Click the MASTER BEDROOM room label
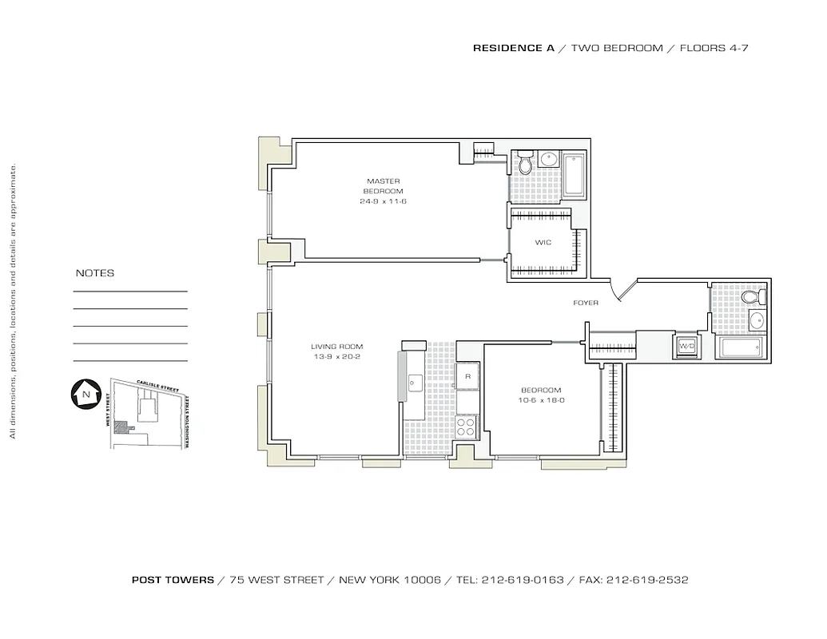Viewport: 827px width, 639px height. (383, 186)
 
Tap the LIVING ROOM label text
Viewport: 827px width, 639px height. (336, 347)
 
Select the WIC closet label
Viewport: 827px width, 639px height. (543, 241)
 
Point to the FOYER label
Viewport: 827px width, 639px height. (585, 303)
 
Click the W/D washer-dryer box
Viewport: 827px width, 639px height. (686, 347)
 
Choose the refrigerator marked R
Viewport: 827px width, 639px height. (467, 375)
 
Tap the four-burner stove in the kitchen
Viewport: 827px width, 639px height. (466, 427)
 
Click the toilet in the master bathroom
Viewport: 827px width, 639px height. (525, 165)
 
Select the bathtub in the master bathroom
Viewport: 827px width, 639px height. (574, 177)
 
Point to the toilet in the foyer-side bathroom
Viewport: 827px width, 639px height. (751, 297)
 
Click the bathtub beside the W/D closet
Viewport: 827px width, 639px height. (741, 347)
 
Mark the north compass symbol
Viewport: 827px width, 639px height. (85, 394)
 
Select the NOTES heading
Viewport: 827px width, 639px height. (94, 273)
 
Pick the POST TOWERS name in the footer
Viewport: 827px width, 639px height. (173, 580)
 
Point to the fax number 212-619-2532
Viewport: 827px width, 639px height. (646, 580)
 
